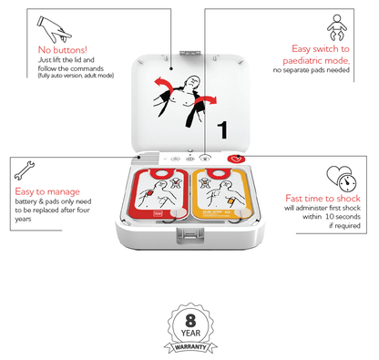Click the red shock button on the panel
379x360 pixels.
pos(231,158)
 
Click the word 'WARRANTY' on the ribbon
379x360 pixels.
pos(189,346)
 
